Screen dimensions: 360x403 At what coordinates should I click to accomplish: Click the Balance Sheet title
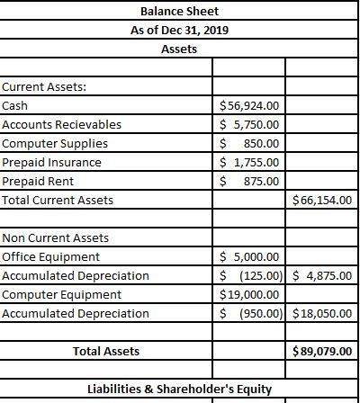(x=179, y=12)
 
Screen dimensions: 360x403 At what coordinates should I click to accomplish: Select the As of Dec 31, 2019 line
(x=179, y=30)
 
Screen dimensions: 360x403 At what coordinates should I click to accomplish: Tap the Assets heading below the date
(x=179, y=49)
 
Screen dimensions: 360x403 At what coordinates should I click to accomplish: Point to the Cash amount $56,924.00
(x=251, y=105)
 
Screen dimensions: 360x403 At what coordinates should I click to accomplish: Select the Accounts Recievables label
(x=62, y=124)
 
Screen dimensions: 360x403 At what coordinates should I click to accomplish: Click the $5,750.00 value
(x=251, y=124)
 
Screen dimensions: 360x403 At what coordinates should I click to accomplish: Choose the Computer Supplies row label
(x=56, y=143)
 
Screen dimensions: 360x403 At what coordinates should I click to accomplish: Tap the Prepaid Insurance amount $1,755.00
(x=251, y=162)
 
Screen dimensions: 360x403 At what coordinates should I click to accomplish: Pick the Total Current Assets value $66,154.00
(x=322, y=200)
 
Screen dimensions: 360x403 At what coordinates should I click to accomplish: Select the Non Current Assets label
(x=56, y=237)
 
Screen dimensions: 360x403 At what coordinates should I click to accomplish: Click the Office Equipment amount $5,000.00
(x=251, y=256)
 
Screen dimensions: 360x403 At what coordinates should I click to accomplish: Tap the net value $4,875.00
(x=322, y=275)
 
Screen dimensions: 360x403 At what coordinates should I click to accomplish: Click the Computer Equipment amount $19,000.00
(x=251, y=294)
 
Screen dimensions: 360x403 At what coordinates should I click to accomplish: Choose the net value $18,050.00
(x=322, y=313)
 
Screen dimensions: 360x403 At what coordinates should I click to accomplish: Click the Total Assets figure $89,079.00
(x=322, y=351)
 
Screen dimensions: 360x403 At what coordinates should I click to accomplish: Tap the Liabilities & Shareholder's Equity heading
(x=179, y=390)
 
